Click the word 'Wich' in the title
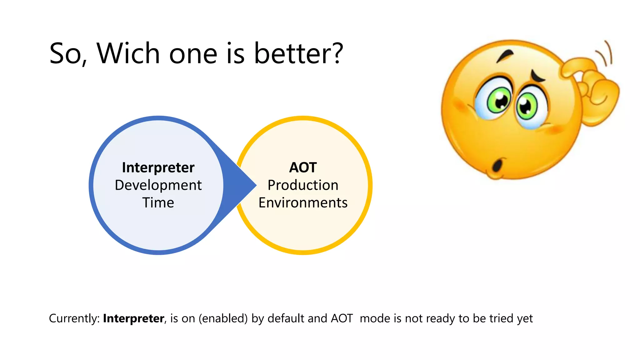click(x=129, y=54)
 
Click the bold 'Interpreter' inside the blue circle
click(x=158, y=167)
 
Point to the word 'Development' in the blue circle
click(x=158, y=185)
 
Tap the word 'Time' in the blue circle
click(x=158, y=203)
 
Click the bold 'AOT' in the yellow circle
click(x=303, y=167)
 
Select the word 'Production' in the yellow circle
click(x=303, y=185)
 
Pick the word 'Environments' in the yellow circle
click(x=303, y=203)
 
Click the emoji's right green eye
click(x=527, y=107)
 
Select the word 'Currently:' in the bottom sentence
click(x=74, y=318)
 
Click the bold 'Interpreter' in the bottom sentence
click(x=133, y=318)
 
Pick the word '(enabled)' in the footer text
click(x=223, y=318)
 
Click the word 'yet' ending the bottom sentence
click(x=525, y=318)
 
